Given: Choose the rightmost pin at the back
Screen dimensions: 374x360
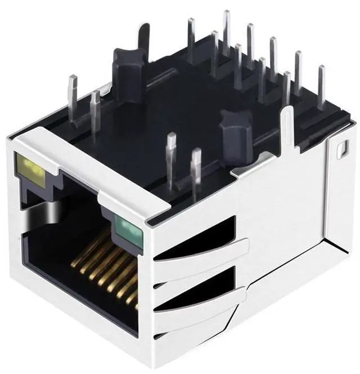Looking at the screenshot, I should [x=321, y=87].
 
